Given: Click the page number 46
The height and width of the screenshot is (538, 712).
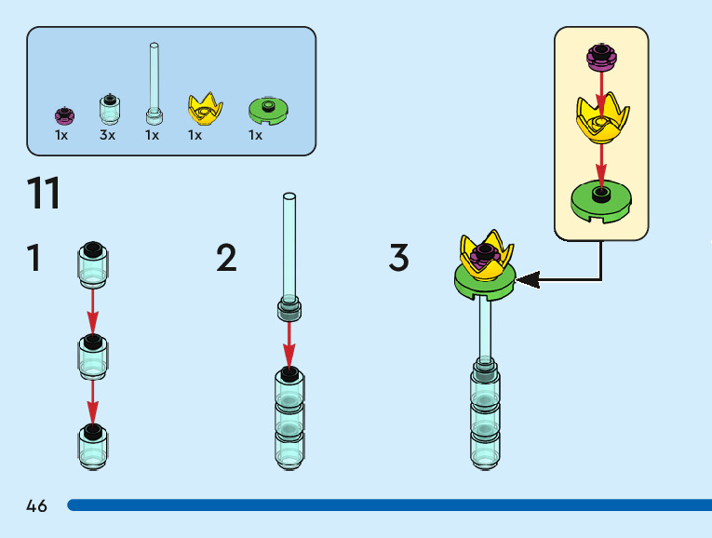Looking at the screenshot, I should [37, 506].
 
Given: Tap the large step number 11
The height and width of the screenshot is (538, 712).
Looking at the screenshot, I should [44, 194].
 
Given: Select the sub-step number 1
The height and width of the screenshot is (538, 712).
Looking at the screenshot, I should [34, 258].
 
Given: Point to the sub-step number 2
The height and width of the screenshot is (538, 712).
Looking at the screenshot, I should [226, 258].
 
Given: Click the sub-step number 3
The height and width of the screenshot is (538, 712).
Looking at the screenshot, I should [398, 258].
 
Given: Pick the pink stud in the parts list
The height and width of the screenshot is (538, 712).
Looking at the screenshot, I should [64, 115].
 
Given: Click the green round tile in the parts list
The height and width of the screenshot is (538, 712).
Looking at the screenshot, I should [270, 110].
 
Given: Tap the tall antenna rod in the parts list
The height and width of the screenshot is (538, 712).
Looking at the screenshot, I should [154, 84].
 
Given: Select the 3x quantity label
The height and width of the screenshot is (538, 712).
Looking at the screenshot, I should [107, 135].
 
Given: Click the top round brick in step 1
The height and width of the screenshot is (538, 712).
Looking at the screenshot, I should [92, 262].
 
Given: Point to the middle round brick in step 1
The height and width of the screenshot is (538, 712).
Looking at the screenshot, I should [92, 354].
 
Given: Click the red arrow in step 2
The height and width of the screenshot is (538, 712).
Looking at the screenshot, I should [289, 343].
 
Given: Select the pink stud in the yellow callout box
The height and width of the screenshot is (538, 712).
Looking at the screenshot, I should [601, 57].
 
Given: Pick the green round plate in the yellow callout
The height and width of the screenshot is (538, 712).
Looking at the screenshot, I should [601, 199].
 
